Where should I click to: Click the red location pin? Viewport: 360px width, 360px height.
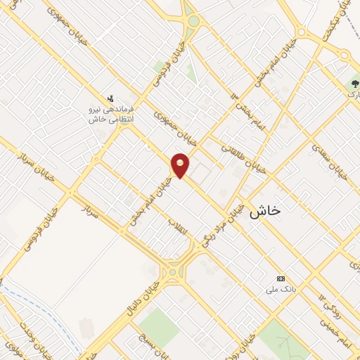point(180,165)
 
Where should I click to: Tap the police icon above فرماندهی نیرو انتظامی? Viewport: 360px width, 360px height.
point(110,98)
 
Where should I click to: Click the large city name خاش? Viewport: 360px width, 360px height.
point(264,210)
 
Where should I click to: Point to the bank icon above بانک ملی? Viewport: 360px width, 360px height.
point(281,278)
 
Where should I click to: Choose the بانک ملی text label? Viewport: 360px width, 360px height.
point(278,290)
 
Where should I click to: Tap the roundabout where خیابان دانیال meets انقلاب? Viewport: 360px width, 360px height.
point(172,271)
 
